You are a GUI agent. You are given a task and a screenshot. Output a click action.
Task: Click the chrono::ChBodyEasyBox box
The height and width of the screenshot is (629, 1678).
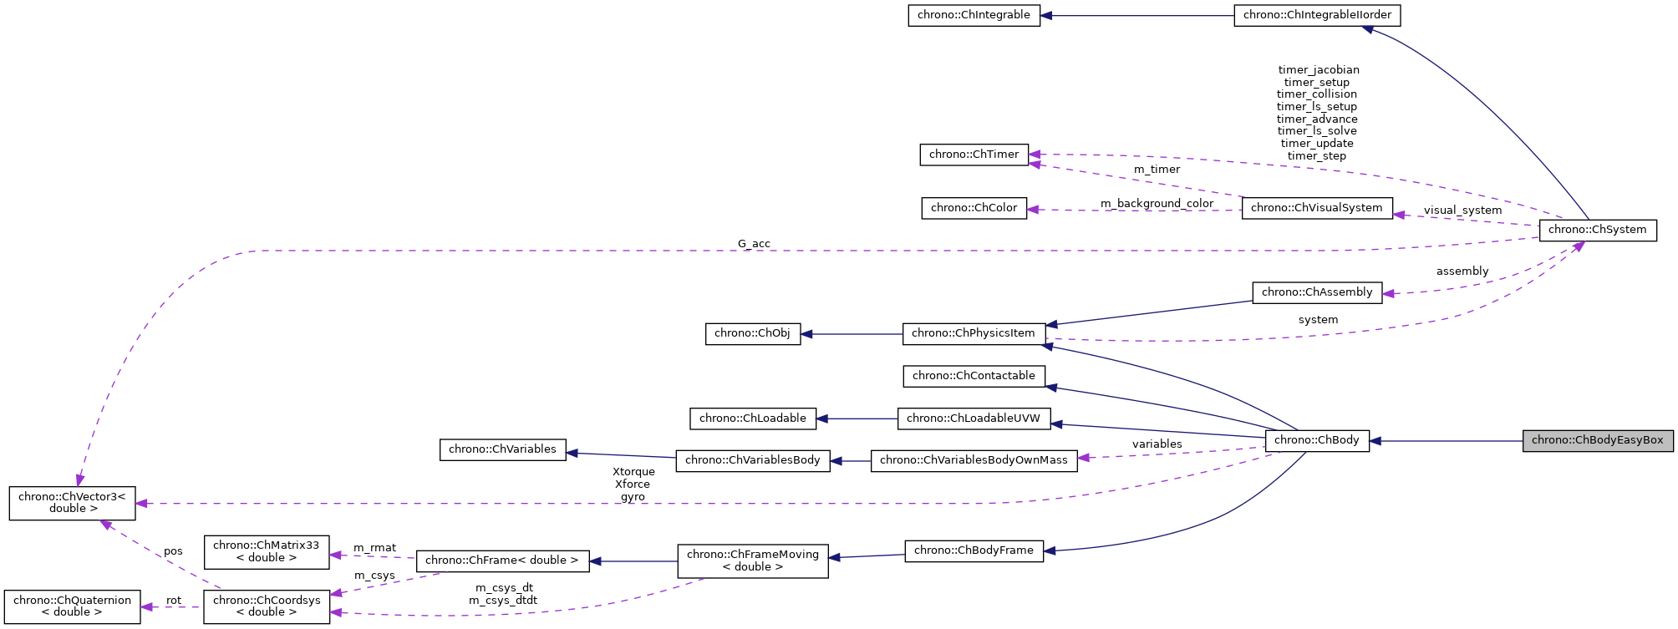[x=1597, y=440]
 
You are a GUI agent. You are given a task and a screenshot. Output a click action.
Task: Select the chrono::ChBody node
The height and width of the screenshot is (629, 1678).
[x=1316, y=440]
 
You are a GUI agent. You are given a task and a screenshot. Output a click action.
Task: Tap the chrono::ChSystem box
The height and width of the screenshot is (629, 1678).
[x=1597, y=230]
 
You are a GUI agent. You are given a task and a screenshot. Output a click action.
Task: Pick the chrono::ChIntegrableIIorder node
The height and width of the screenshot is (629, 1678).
[x=1317, y=15]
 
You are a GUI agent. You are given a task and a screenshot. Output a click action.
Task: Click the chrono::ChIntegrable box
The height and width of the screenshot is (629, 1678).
[x=974, y=15]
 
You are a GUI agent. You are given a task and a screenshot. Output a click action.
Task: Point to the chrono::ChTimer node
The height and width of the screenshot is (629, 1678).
[x=974, y=155]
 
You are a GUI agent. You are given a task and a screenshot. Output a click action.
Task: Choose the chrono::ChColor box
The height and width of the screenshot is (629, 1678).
[x=974, y=208]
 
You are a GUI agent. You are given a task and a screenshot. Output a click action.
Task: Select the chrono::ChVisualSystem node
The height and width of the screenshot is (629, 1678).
[x=1316, y=208]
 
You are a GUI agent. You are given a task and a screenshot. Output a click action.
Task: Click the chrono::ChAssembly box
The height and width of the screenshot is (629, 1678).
[x=1316, y=292]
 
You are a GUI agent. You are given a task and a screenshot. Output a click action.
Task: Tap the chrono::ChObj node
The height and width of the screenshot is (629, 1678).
[x=752, y=333]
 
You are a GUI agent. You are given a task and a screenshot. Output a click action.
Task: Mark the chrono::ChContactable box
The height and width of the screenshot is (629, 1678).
[x=974, y=376]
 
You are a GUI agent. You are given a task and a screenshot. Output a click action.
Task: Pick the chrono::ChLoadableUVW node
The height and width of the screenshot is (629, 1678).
[x=974, y=418]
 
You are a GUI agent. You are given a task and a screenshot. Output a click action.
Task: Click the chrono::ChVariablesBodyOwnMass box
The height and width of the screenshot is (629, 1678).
[x=974, y=460]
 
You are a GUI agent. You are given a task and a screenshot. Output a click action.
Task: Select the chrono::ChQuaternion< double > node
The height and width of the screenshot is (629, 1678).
[x=72, y=606]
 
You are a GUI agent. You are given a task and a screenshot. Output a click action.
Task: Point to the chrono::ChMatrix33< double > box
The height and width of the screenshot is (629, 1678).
[x=266, y=551]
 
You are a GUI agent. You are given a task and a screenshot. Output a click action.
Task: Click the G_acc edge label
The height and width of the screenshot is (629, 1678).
[x=754, y=244]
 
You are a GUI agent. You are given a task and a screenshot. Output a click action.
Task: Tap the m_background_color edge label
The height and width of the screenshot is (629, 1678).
[x=1157, y=204]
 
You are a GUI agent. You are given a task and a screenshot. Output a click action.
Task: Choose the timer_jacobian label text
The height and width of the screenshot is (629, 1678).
[x=1319, y=70]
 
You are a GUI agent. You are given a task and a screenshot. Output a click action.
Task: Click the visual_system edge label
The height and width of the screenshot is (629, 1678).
[x=1462, y=211]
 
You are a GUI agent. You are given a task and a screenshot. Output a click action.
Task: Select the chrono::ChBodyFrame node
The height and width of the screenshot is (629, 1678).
[x=974, y=550]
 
